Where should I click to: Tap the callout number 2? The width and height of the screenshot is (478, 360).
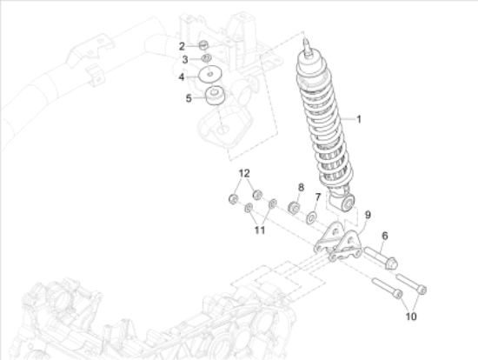183,45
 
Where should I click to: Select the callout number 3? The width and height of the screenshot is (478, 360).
185,59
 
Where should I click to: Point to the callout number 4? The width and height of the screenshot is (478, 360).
182,77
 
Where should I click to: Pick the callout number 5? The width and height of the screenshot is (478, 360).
188,98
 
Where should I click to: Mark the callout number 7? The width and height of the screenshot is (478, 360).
318,197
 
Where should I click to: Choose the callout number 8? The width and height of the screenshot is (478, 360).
301,187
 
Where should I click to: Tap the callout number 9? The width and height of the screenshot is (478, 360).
368,215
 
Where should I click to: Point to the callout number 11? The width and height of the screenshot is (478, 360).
259,230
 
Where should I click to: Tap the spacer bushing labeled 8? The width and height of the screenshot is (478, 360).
294,208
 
